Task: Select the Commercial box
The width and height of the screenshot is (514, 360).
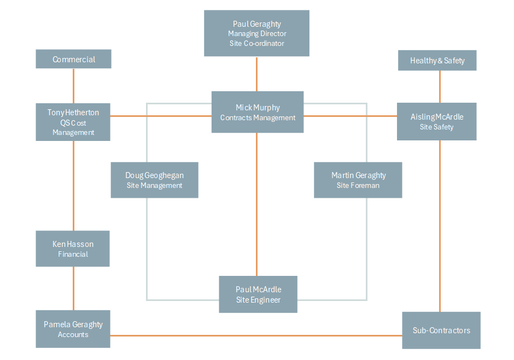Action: (x=73, y=59)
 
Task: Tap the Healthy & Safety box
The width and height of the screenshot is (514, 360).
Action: (x=437, y=60)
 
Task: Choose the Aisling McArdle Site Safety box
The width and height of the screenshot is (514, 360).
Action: (x=436, y=121)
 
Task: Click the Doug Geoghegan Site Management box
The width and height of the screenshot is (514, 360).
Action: (x=154, y=180)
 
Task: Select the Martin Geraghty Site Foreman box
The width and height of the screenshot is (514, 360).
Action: (x=358, y=180)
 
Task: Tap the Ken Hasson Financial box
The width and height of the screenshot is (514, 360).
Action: (x=73, y=249)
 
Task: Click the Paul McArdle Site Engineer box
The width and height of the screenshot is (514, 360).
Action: (x=258, y=294)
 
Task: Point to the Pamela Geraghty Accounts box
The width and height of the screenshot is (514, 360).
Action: (x=73, y=329)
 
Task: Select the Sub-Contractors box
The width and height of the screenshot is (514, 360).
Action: (x=441, y=330)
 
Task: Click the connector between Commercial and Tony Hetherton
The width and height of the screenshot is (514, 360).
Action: (x=73, y=86)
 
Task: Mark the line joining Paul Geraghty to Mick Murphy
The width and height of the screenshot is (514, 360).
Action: (x=256, y=74)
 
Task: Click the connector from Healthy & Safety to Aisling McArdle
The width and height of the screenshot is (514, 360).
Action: (x=440, y=86)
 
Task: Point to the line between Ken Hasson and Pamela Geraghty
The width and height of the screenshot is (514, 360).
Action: (x=73, y=288)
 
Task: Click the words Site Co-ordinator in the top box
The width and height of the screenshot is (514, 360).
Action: (x=256, y=43)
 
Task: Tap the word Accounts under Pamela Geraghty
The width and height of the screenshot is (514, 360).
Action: (x=73, y=334)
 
